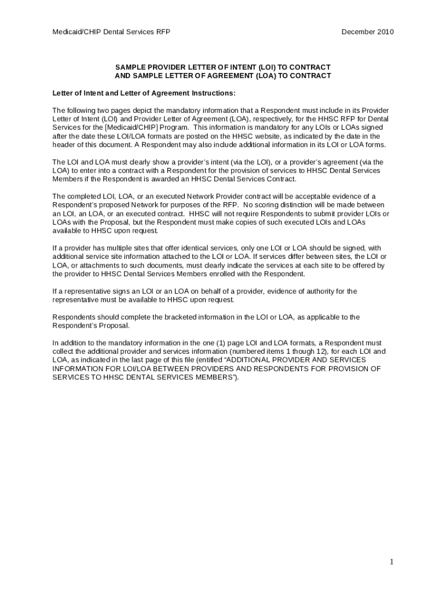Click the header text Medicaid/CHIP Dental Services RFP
(111, 32)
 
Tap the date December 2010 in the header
(367, 32)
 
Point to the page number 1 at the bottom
(392, 562)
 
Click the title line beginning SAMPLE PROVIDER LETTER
(223, 67)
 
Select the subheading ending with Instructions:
(144, 93)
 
